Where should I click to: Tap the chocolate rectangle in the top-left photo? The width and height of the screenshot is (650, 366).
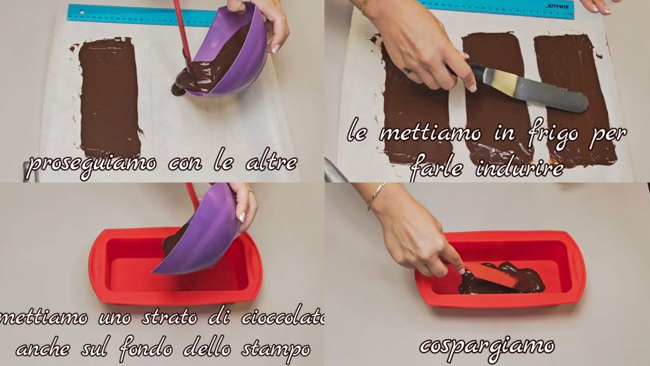coord(109,97)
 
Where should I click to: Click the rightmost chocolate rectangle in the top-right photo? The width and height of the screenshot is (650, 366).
coord(574,100)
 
